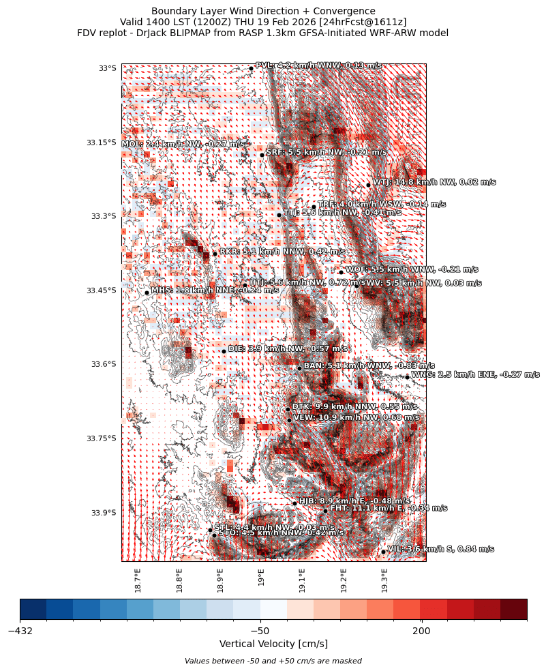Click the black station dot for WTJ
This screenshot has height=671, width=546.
(368, 185)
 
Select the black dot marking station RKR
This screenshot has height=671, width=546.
(215, 254)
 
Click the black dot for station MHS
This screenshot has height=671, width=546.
(147, 293)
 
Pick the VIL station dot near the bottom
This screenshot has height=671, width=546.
(383, 552)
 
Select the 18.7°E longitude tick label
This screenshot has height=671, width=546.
(138, 580)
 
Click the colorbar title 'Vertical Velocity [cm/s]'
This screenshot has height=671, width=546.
(273, 644)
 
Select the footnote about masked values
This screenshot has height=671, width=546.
(273, 661)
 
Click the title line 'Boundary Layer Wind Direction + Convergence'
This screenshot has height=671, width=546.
(263, 11)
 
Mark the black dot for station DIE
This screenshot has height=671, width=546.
(224, 351)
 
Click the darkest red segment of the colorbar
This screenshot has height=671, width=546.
(513, 609)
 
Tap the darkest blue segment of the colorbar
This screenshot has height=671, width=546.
(33, 609)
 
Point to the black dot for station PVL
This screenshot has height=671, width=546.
(251, 68)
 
